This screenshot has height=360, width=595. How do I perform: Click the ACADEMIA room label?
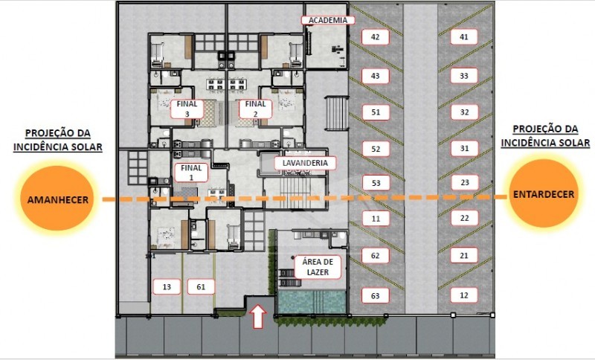click(328, 20)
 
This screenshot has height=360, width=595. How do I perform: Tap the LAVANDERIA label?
click(305, 163)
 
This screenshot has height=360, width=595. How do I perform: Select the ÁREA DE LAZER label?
click(318, 267)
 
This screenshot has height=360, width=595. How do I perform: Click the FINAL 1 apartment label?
click(191, 173)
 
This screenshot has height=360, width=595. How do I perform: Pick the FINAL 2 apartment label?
click(255, 109)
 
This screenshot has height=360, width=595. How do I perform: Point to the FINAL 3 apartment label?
click(187, 109)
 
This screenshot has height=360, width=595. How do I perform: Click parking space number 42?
click(376, 37)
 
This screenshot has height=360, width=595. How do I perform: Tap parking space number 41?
click(463, 37)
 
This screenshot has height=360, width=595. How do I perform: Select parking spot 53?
click(376, 183)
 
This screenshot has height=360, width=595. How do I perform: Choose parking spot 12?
click(463, 295)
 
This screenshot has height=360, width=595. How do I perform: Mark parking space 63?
click(376, 295)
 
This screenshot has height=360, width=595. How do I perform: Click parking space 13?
click(167, 287)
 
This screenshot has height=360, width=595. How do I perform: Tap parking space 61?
click(201, 287)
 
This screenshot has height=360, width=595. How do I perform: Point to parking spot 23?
click(465, 182)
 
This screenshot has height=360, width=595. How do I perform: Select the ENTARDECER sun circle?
click(544, 193)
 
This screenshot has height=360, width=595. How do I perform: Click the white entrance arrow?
click(260, 316)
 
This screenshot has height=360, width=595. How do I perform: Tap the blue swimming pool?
click(312, 302)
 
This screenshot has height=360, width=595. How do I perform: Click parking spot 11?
click(376, 219)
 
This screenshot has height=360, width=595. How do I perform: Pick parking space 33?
click(463, 76)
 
